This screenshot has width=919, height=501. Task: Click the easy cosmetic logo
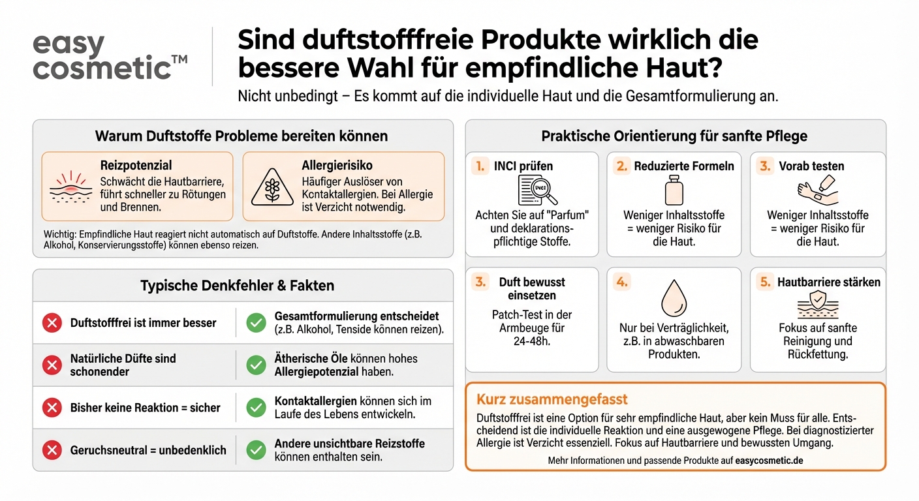tap(110, 57)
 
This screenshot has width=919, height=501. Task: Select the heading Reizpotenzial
tap(136, 166)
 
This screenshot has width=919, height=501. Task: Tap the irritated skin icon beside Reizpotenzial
tap(72, 187)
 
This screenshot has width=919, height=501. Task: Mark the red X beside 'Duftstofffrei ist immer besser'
tap(52, 323)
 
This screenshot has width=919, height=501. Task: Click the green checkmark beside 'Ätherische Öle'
tap(256, 365)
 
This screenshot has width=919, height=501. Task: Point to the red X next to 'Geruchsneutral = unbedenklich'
tap(52, 450)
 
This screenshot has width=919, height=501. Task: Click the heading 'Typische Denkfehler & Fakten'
tap(237, 286)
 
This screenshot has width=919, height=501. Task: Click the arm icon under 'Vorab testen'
tap(817, 190)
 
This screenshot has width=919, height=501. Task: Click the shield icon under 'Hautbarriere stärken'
tap(817, 304)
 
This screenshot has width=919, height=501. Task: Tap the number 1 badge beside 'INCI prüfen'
tap(480, 166)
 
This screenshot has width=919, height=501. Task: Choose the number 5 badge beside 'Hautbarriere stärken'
tap(764, 282)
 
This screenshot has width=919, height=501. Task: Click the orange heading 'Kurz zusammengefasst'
tap(552, 399)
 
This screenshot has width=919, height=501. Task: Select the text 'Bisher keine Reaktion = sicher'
tap(145, 408)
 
